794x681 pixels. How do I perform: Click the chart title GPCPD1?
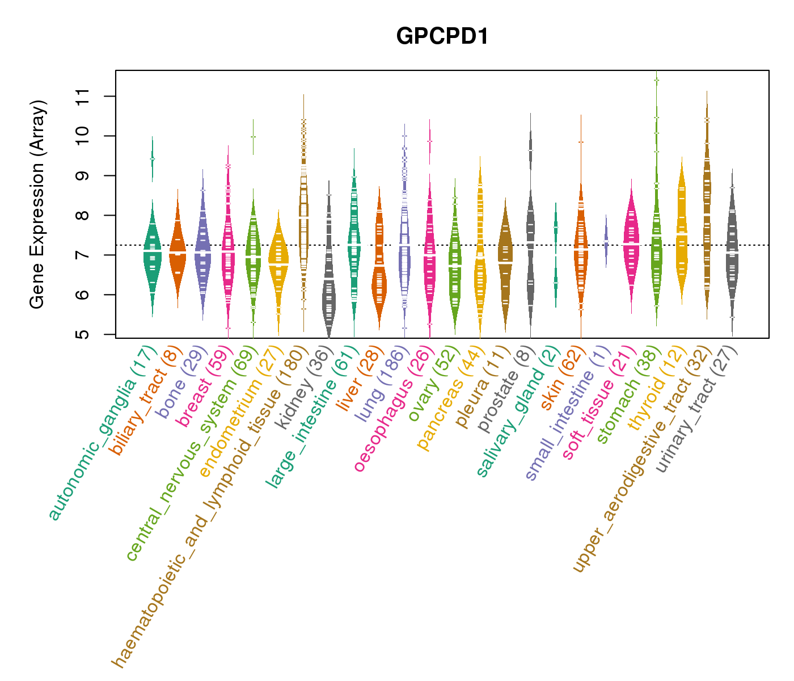pyautogui.click(x=442, y=36)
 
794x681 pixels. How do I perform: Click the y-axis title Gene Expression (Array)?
pyautogui.click(x=37, y=204)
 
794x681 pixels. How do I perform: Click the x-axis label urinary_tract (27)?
pyautogui.click(x=696, y=409)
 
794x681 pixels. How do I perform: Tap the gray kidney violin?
pyautogui.click(x=328, y=295)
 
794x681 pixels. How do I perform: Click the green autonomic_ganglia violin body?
pyautogui.click(x=152, y=255)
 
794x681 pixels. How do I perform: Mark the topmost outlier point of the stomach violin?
pyautogui.click(x=656, y=81)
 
